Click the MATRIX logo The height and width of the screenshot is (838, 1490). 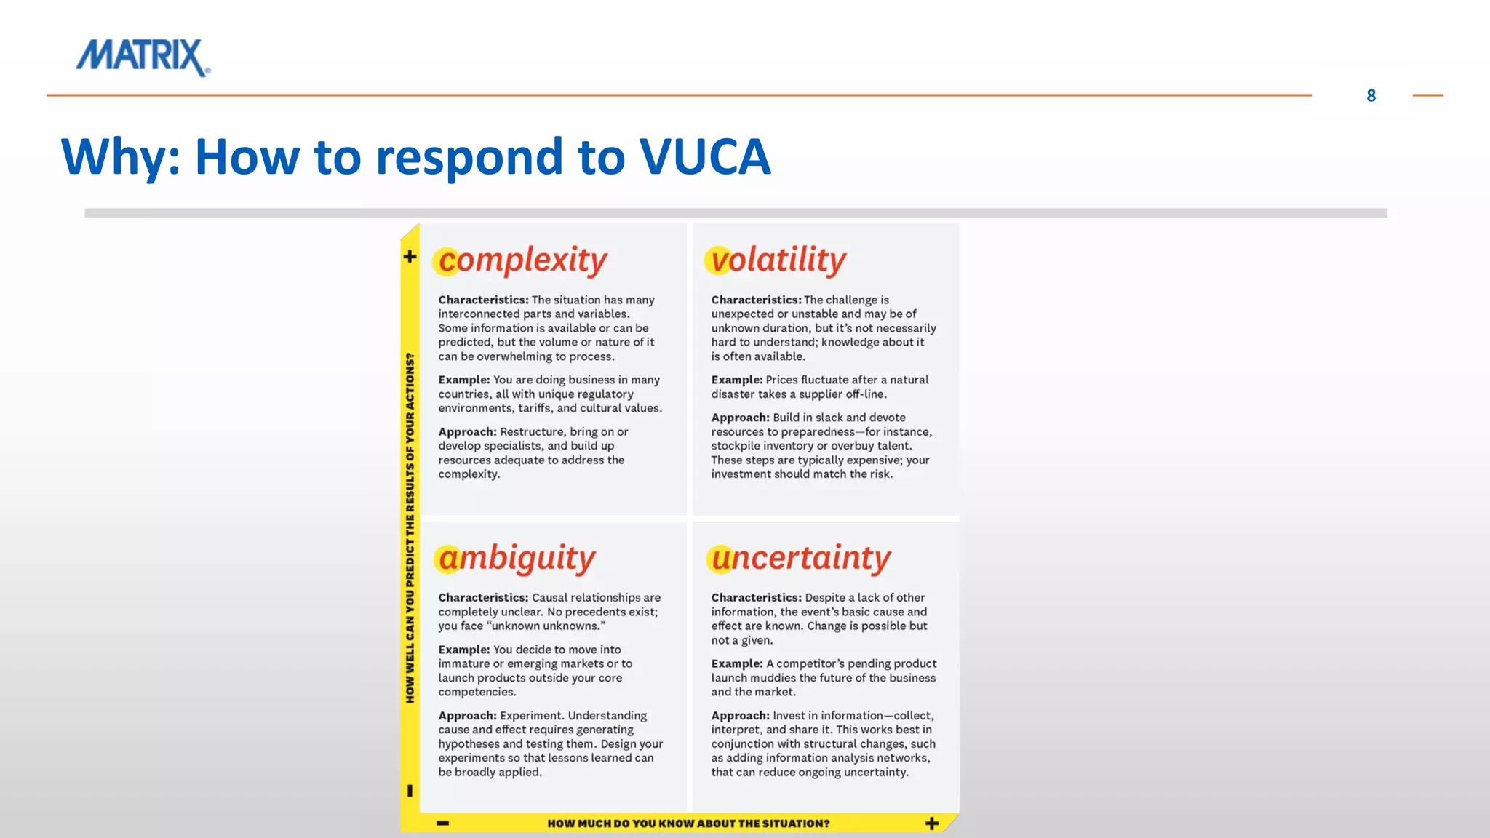point(143,57)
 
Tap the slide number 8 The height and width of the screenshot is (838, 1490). point(1371,96)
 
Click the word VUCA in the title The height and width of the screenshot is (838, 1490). point(704,156)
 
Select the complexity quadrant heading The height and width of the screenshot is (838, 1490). point(522,260)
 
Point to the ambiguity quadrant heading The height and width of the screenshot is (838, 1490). point(517,559)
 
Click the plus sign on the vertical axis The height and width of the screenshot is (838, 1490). point(410,256)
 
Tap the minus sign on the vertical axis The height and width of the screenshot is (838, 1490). point(410,790)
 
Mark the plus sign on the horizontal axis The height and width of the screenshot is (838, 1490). point(932,823)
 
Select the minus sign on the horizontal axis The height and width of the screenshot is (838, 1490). point(442,823)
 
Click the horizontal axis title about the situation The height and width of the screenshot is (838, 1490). point(688,823)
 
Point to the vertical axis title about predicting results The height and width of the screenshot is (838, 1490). point(410,527)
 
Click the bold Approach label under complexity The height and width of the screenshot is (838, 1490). point(467,431)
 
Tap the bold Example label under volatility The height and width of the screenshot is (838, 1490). point(736,380)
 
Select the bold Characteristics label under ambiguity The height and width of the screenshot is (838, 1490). point(483,597)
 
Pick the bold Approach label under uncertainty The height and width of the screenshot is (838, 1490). point(740,716)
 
